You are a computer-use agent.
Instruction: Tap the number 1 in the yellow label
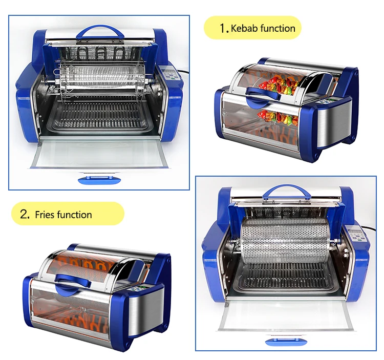[223, 29]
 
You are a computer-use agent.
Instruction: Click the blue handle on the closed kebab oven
[261, 93]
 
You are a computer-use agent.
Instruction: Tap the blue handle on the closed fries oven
[73, 281]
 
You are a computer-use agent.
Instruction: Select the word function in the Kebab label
[278, 28]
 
